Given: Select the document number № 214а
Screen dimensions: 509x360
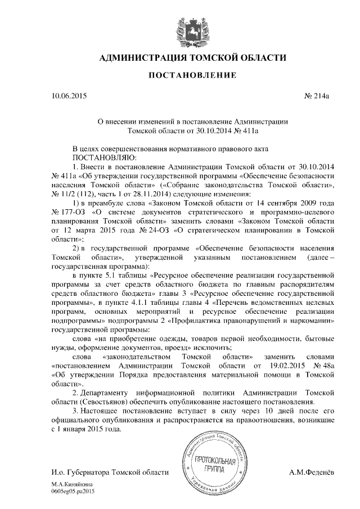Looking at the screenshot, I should click(x=317, y=96).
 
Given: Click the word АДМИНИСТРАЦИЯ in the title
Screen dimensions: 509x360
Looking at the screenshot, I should click(x=143, y=57).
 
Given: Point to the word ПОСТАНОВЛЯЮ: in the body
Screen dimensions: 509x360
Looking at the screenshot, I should click(x=101, y=157).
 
